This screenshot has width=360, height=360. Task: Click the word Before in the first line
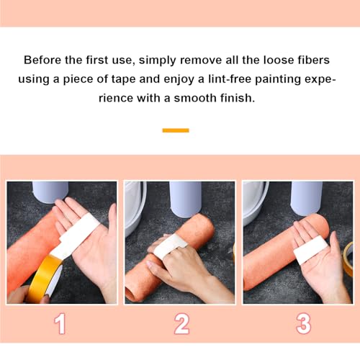[42, 60]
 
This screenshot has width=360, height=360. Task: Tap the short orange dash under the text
[176, 130]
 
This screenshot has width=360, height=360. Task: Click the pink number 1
[60, 323]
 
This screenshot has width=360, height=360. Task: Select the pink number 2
[181, 323]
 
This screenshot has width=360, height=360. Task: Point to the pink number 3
[303, 323]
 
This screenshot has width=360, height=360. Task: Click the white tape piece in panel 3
[310, 248]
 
